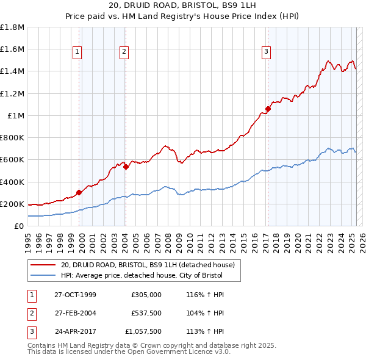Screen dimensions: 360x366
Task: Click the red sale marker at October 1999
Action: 79,192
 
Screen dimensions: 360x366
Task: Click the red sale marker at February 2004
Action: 125,166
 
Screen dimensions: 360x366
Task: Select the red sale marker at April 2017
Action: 267,109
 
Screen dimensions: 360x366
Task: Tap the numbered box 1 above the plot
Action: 78,52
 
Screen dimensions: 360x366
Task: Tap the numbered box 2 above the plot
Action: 124,52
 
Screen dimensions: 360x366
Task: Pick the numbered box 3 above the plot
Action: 267,52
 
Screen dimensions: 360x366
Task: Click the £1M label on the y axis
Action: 16,116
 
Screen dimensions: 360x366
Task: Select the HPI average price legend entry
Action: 142,275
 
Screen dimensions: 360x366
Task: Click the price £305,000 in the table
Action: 146,295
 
